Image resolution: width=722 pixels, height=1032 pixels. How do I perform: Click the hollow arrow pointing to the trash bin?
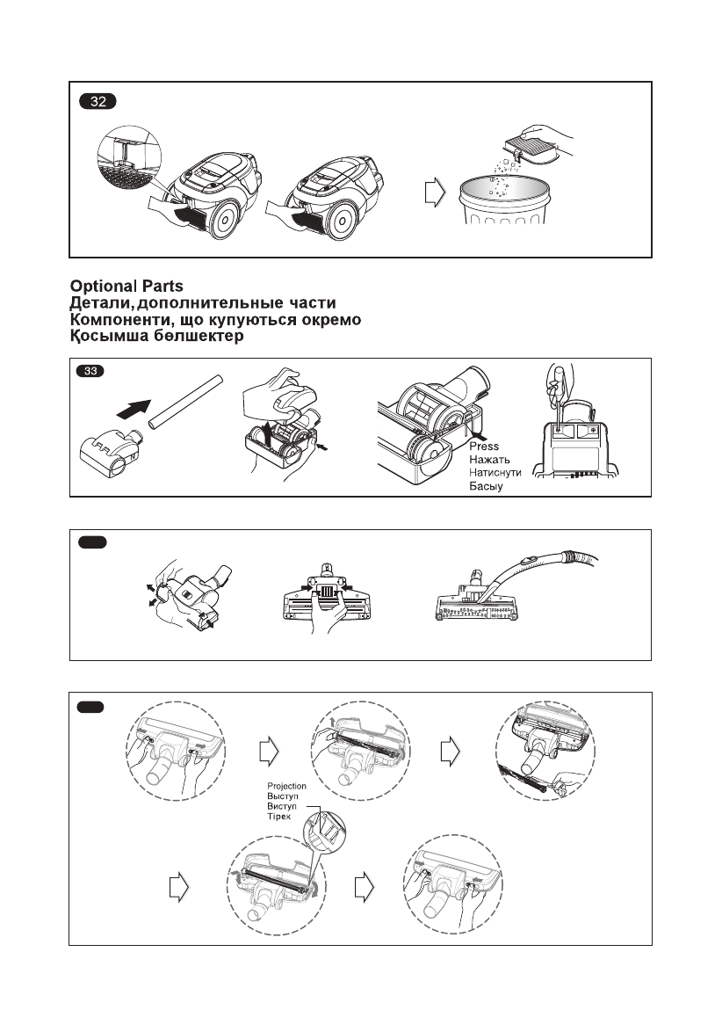pos(432,193)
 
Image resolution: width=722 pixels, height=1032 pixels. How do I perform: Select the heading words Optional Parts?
pos(127,287)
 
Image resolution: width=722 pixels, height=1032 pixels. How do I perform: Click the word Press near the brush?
pos(483,447)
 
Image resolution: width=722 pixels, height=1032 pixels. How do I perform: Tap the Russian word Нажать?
pos(490,460)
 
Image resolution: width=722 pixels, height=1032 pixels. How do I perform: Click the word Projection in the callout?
pos(288,786)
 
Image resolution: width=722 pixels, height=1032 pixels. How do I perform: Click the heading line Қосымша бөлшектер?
pos(157,337)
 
